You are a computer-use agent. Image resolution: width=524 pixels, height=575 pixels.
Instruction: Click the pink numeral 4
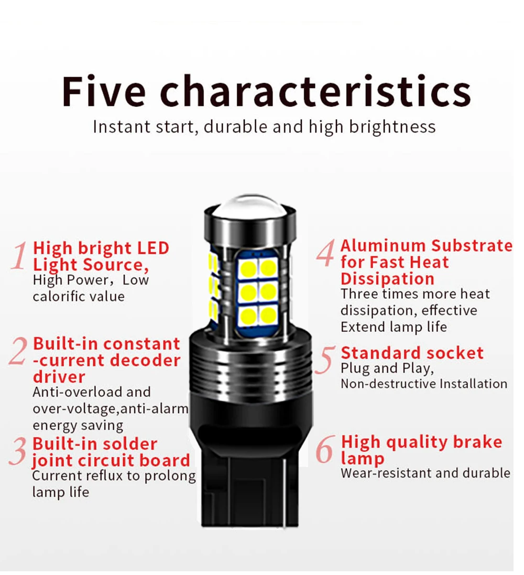pyautogui.click(x=325, y=254)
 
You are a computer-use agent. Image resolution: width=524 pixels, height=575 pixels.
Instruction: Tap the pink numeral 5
pyautogui.click(x=326, y=361)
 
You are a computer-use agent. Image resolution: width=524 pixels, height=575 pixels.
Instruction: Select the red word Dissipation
pyautogui.click(x=387, y=278)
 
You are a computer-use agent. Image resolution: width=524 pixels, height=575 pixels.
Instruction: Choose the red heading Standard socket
pyautogui.click(x=412, y=353)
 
